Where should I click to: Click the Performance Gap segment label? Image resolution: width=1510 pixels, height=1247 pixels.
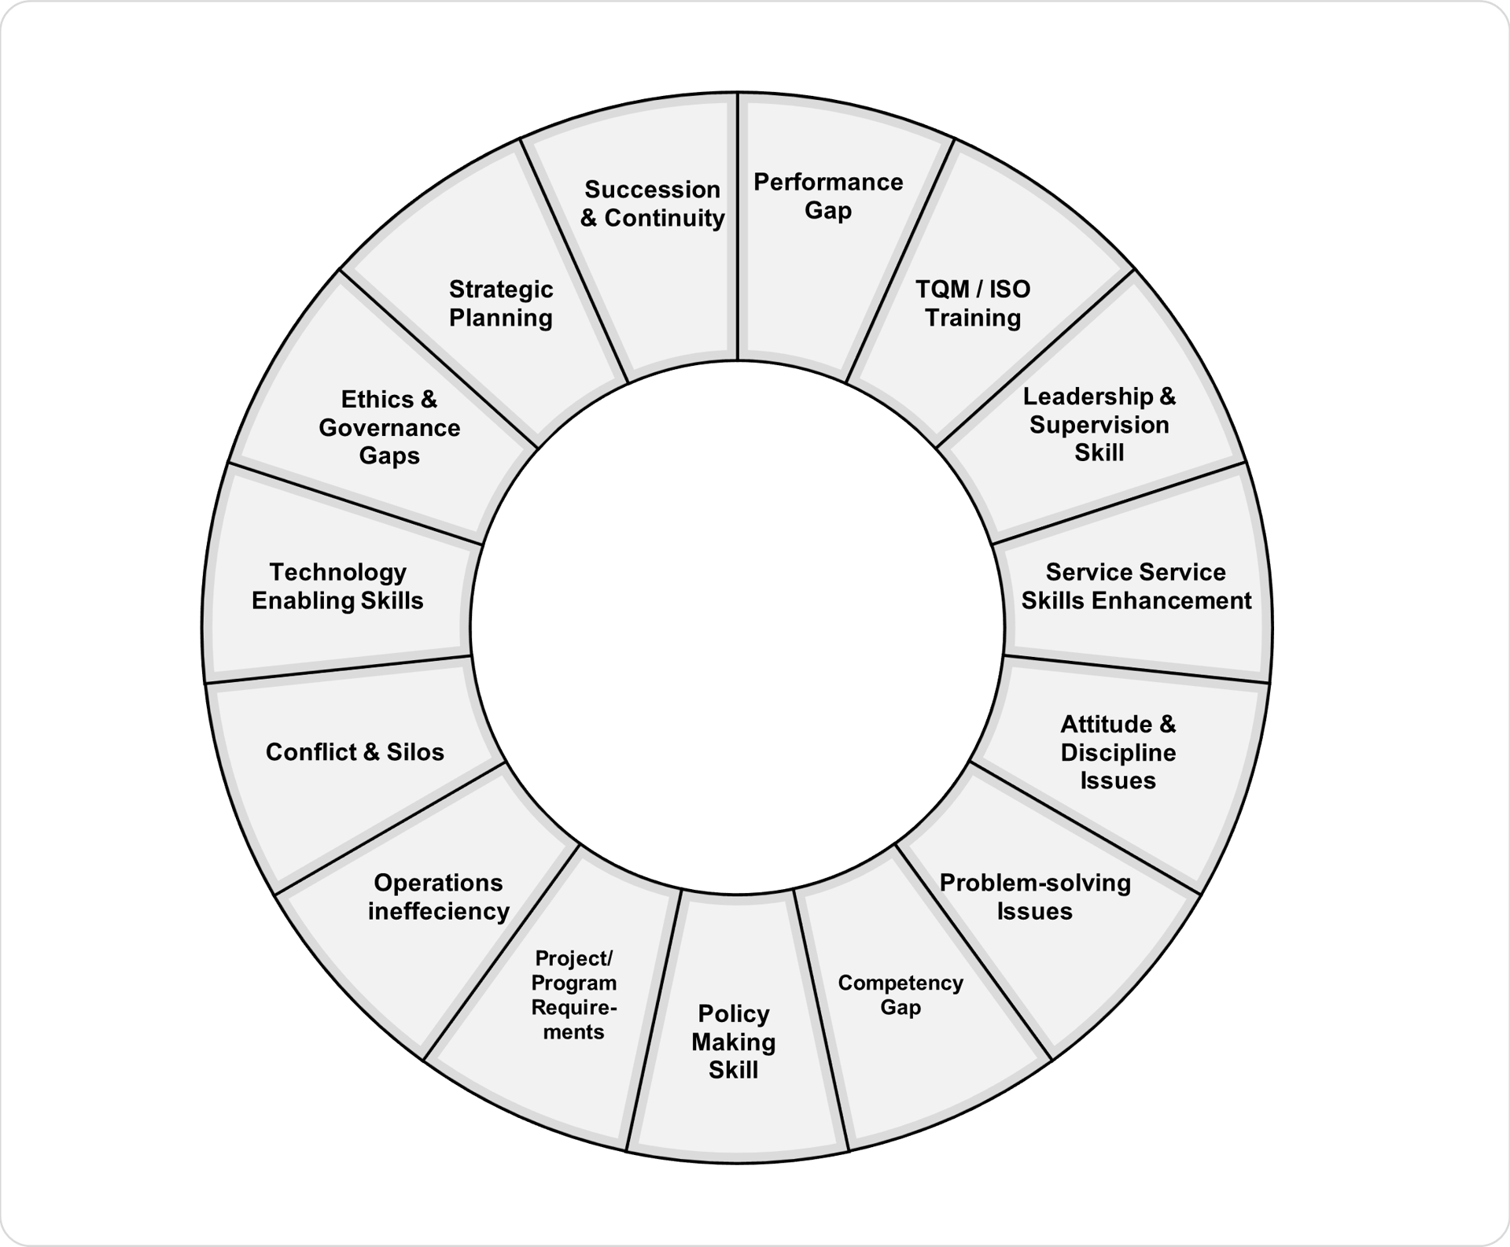tap(827, 196)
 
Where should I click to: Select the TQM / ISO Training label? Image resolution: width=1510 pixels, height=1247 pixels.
tap(972, 304)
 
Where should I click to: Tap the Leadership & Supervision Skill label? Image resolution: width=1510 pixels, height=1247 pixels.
tap(1099, 425)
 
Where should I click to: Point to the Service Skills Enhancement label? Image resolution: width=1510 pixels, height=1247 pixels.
tap(1136, 586)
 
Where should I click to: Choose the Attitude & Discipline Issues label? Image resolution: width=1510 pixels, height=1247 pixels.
tap(1118, 752)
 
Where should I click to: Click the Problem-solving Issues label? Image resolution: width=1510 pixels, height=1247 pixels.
tap(1035, 897)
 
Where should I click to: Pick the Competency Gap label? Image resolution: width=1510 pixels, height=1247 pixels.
tap(900, 994)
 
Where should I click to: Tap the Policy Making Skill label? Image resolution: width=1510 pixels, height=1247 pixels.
tap(733, 1042)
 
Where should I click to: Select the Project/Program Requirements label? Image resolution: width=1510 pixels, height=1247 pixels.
tap(573, 995)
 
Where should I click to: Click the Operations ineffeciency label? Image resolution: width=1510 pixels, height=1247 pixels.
tap(438, 897)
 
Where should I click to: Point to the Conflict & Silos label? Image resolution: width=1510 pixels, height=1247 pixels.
tap(355, 752)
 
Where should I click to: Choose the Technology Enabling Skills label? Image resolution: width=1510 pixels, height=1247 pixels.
tap(337, 586)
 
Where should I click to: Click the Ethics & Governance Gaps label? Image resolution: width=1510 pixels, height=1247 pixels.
tap(389, 428)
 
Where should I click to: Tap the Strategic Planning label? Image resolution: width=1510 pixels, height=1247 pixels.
tap(501, 304)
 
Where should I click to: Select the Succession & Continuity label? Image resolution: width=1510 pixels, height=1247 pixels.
tap(652, 204)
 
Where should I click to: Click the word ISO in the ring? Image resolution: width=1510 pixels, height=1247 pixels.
tap(1009, 290)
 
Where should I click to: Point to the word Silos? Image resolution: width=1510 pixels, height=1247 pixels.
tap(415, 752)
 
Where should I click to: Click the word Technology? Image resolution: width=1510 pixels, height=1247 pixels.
tap(337, 572)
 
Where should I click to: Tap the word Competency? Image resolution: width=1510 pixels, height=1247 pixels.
tap(900, 983)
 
